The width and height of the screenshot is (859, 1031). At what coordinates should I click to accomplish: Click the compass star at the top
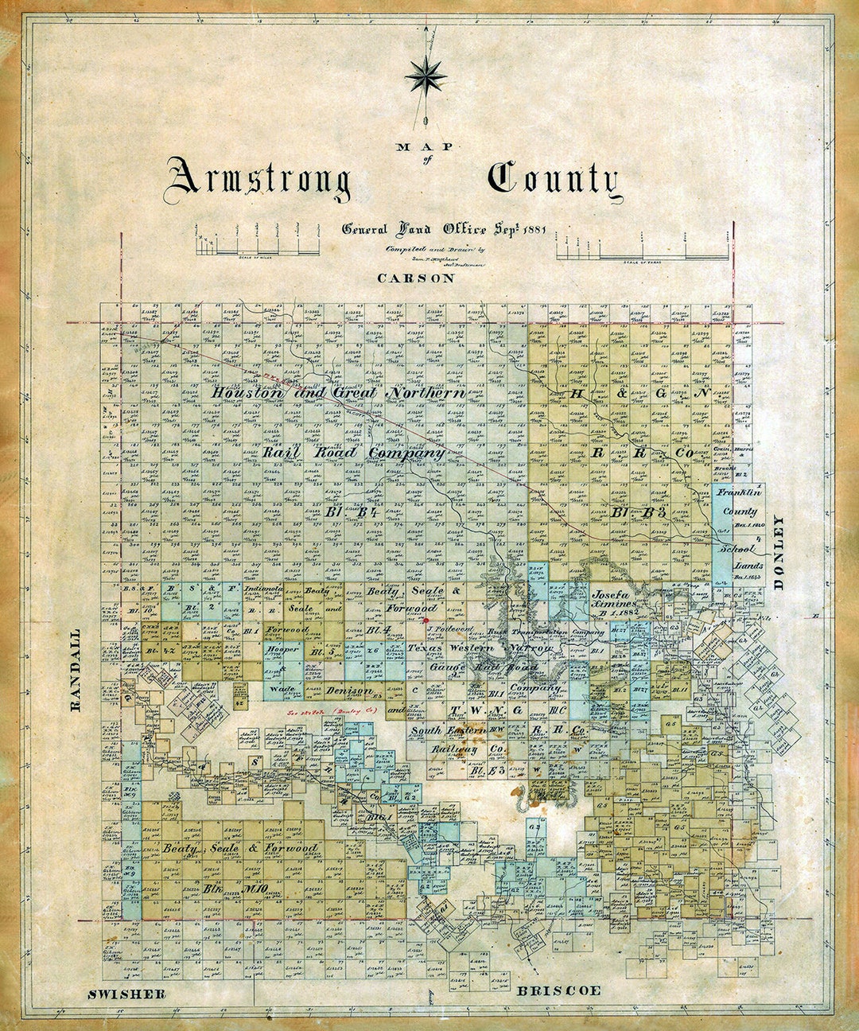click(x=426, y=76)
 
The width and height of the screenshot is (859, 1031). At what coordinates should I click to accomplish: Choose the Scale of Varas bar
click(x=643, y=255)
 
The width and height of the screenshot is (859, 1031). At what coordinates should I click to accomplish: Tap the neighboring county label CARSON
click(x=416, y=278)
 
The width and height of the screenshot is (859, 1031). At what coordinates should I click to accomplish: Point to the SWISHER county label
click(x=127, y=994)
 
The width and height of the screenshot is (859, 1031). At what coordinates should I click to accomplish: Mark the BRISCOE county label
click(x=559, y=990)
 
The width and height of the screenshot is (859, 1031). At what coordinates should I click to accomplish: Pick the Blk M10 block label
click(x=223, y=888)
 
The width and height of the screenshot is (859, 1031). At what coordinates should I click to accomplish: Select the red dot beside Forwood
click(x=427, y=619)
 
